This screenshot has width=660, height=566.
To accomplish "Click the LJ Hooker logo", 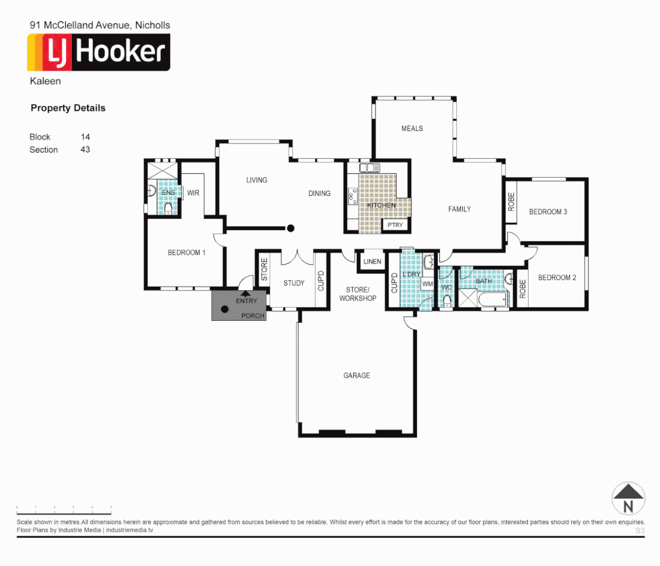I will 98,52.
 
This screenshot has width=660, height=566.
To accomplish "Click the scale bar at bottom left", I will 64,510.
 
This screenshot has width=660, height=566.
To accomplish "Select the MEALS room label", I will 412,128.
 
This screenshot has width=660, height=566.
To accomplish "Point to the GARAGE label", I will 357,376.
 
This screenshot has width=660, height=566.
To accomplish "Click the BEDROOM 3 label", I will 548,212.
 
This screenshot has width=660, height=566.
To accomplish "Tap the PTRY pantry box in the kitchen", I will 395,225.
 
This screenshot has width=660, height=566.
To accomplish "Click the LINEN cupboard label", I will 372,262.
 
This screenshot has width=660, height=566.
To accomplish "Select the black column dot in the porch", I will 225,309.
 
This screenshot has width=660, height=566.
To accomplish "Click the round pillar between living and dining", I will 290,228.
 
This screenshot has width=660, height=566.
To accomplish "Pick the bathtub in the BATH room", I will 492,300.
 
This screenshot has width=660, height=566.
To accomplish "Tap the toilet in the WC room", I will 447,301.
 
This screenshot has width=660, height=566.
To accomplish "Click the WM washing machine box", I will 427,284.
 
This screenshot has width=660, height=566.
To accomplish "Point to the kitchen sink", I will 369,168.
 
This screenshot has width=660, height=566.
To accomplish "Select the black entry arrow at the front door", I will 245,294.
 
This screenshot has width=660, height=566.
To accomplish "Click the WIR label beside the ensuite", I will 193,193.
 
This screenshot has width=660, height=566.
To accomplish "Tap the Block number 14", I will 85,137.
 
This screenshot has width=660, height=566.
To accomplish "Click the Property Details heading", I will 68,108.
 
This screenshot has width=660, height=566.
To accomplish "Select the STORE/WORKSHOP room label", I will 358,294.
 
